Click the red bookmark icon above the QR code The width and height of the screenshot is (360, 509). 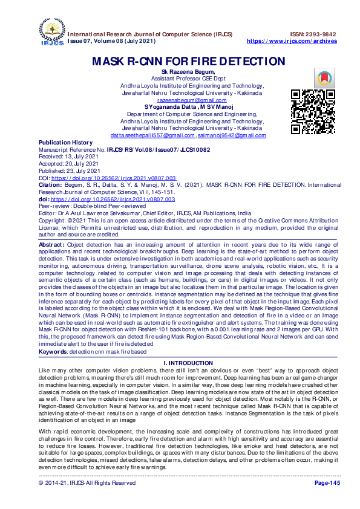point(324,78)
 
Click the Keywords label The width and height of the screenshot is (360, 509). point(53,351)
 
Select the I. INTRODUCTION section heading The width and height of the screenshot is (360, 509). point(188,363)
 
